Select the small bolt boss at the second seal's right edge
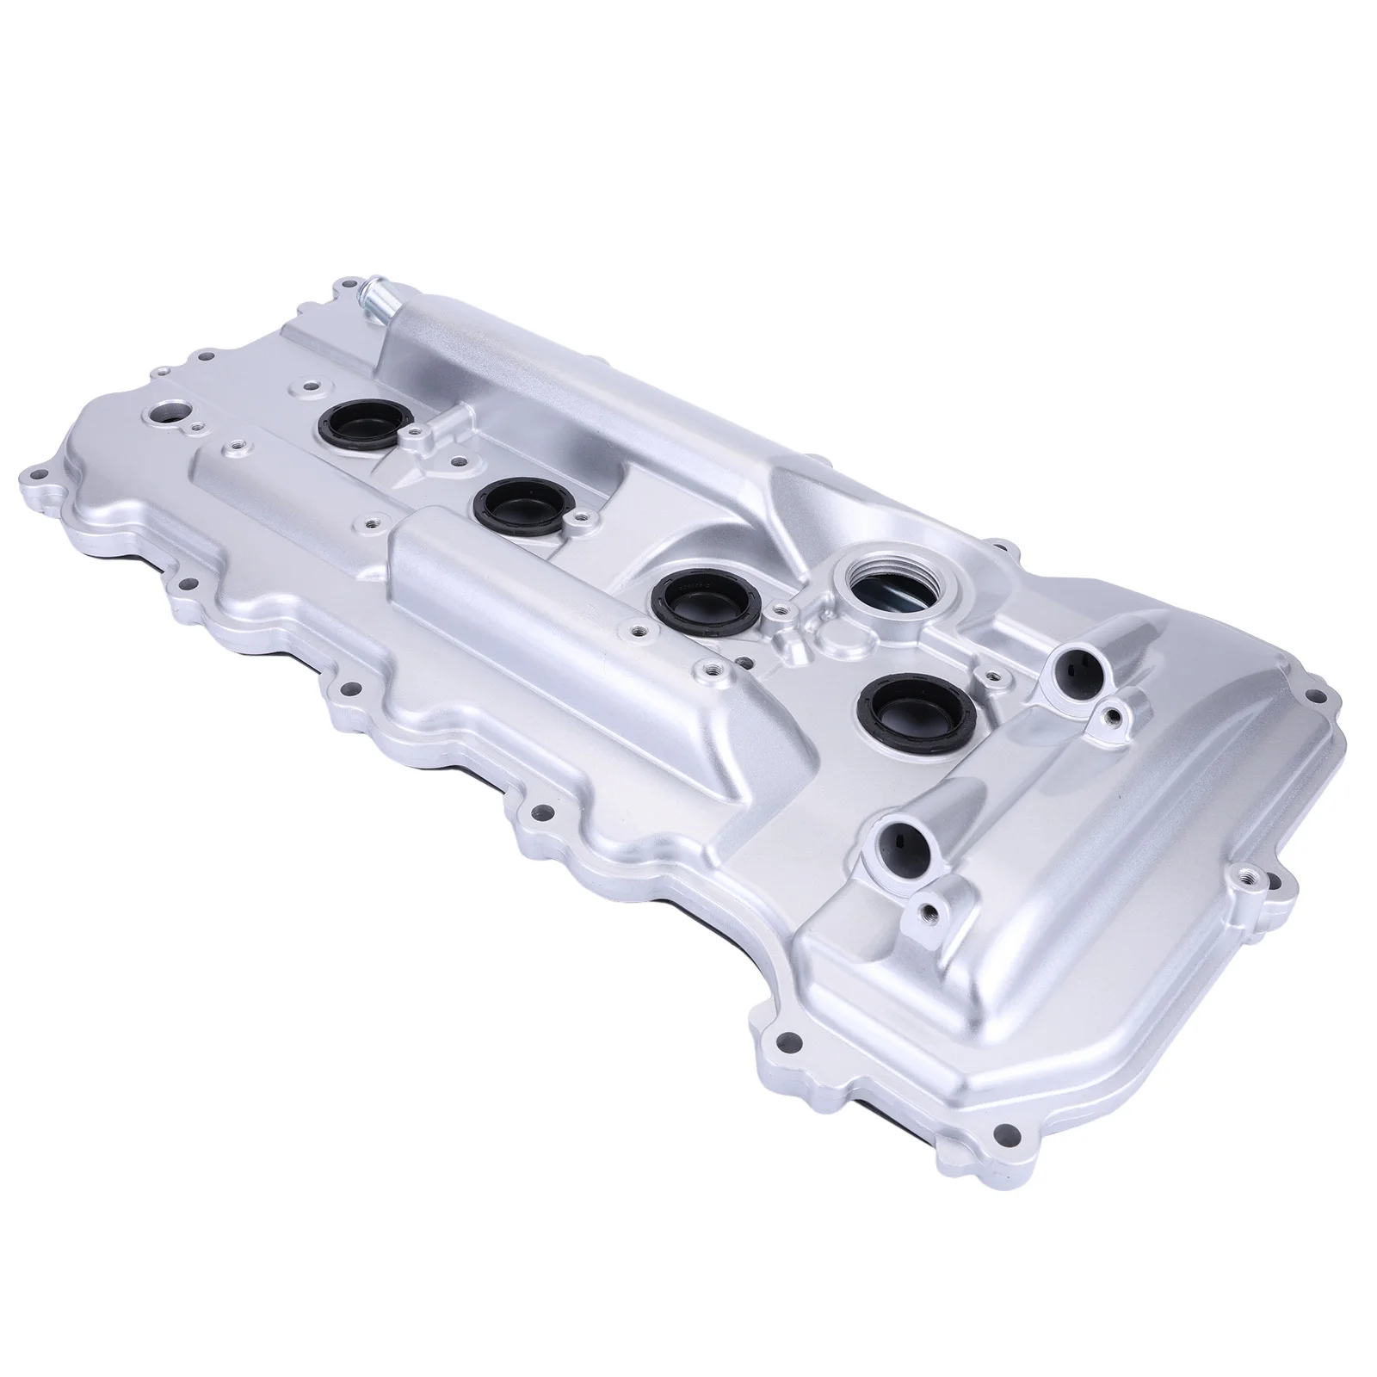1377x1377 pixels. pyautogui.click(x=582, y=518)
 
